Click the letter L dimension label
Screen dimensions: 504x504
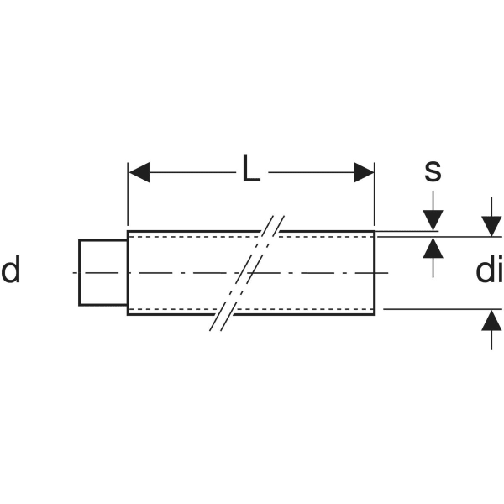click(251, 168)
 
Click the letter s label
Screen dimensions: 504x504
click(433, 171)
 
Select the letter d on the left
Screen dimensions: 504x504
click(11, 269)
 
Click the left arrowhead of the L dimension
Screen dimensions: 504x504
click(139, 172)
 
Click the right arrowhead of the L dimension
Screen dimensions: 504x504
click(364, 172)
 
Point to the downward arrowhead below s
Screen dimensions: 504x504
click(433, 220)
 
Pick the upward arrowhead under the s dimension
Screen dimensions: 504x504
click(433, 248)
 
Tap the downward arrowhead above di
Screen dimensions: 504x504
click(491, 227)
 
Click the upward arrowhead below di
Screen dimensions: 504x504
click(491, 320)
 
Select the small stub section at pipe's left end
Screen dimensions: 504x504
click(103, 272)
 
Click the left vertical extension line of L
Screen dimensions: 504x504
click(128, 195)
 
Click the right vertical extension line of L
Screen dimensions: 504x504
click(375, 195)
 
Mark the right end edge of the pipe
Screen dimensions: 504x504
click(375, 273)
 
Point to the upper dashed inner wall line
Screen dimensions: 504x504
click(250, 237)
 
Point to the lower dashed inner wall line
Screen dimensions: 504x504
click(250, 309)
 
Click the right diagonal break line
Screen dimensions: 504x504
click(252, 273)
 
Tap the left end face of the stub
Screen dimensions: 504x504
click(79, 272)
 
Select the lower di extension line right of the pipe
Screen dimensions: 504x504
click(443, 309)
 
